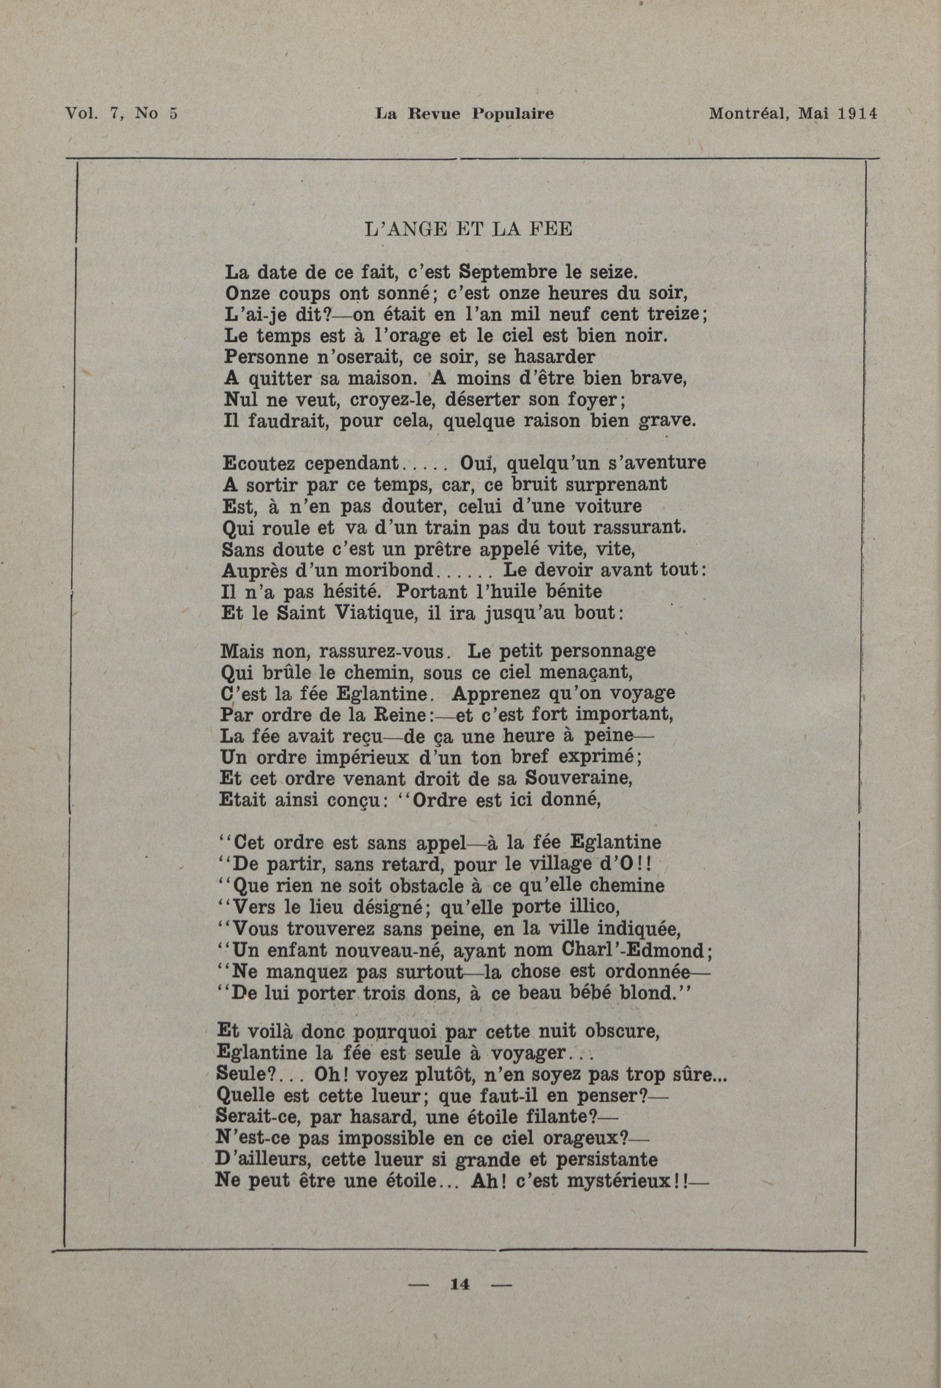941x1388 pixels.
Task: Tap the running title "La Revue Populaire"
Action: click(464, 113)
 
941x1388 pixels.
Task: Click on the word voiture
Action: click(609, 506)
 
